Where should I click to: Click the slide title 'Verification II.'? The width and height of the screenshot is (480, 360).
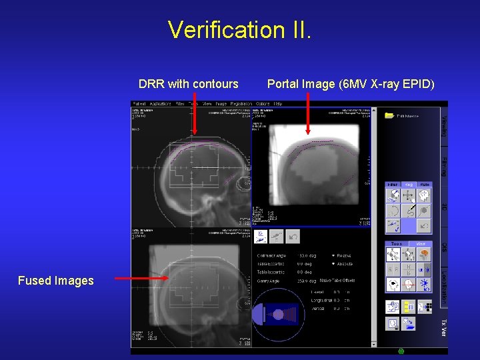tap(239, 30)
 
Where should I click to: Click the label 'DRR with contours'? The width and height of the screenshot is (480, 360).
tap(188, 84)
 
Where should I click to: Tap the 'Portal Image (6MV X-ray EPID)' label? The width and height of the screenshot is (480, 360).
tap(351, 84)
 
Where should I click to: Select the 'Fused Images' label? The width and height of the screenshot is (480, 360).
tap(56, 281)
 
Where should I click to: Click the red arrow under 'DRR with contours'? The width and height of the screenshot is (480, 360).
tap(195, 113)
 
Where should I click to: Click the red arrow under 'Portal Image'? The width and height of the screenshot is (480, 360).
tap(308, 113)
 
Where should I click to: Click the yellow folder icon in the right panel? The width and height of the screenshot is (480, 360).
tap(389, 115)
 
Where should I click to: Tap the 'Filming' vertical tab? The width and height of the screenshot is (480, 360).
tap(444, 167)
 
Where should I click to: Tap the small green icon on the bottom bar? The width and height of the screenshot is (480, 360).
tap(401, 351)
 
